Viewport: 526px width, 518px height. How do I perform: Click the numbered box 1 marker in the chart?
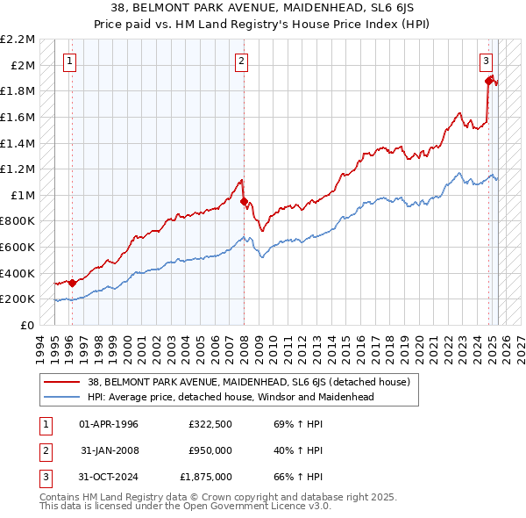(x=70, y=61)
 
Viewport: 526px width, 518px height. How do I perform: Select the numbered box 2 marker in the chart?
(x=241, y=61)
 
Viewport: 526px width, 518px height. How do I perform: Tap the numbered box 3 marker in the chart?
(x=485, y=61)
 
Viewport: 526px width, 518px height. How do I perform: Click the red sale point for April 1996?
(x=72, y=283)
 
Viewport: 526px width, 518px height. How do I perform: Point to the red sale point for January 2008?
(x=243, y=201)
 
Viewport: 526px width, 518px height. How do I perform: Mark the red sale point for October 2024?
(x=489, y=80)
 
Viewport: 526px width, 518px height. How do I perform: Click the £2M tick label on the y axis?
(x=24, y=65)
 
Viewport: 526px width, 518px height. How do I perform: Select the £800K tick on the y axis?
(x=19, y=221)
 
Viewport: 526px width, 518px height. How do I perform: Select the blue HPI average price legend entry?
(x=231, y=397)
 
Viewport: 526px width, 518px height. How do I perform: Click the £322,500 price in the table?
(x=210, y=424)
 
